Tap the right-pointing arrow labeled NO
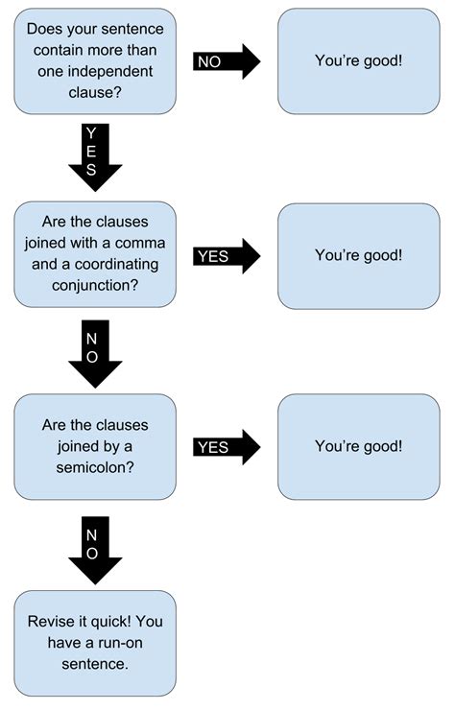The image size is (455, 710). [x=227, y=61]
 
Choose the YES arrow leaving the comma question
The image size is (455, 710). [x=227, y=255]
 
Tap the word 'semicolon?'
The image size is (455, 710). [x=95, y=466]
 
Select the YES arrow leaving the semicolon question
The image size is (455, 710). [x=227, y=447]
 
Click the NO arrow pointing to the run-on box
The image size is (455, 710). [x=95, y=549]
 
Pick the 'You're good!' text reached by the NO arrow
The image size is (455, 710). [x=359, y=60]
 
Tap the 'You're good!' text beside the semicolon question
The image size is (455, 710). [x=359, y=446]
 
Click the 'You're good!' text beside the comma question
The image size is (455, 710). [x=359, y=254]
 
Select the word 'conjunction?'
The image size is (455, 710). [x=95, y=285]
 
